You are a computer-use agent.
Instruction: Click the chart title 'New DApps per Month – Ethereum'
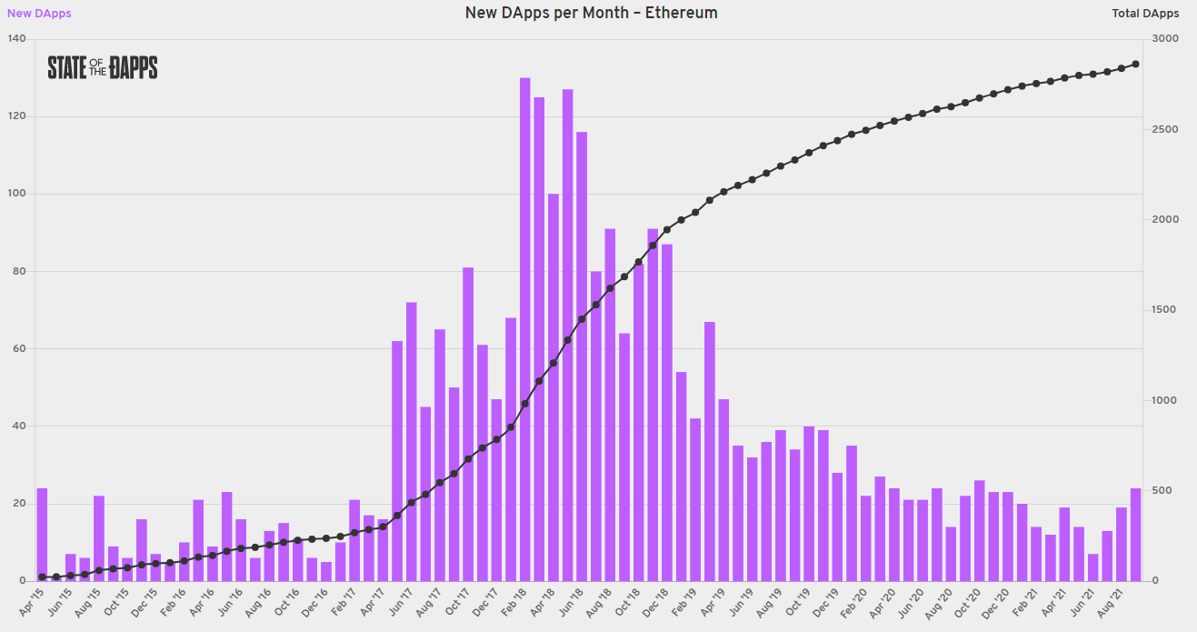click(x=591, y=13)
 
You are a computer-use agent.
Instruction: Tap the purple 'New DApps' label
click(x=39, y=14)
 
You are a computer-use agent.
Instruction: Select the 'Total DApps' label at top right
click(x=1145, y=14)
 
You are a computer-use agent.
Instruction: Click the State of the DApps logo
click(x=103, y=67)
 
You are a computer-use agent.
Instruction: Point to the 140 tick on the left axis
click(x=15, y=39)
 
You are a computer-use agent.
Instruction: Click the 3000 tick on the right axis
click(x=1166, y=39)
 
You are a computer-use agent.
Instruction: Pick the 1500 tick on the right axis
click(x=1166, y=310)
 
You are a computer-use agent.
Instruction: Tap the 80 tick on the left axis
click(x=18, y=271)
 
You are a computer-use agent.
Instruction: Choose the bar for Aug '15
click(x=99, y=537)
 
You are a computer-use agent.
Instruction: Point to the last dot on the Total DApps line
click(x=1135, y=64)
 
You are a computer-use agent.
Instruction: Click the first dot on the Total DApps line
click(x=42, y=577)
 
